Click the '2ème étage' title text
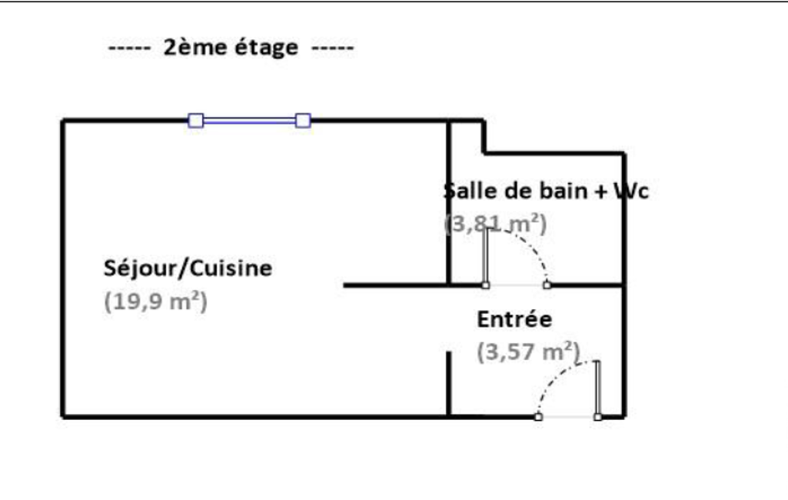[231, 48]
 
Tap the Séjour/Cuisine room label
[188, 268]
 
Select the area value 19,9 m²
[155, 302]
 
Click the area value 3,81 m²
[496, 224]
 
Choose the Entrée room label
[514, 318]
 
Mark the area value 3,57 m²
[528, 352]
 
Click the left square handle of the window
[196, 120]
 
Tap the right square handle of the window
[303, 120]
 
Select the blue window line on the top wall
[250, 120]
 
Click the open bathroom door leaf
[486, 257]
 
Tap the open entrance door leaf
[597, 388]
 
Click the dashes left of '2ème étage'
[128, 48]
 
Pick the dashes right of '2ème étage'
[332, 48]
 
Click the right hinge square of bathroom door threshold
[547, 285]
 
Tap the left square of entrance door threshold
[538, 417]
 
